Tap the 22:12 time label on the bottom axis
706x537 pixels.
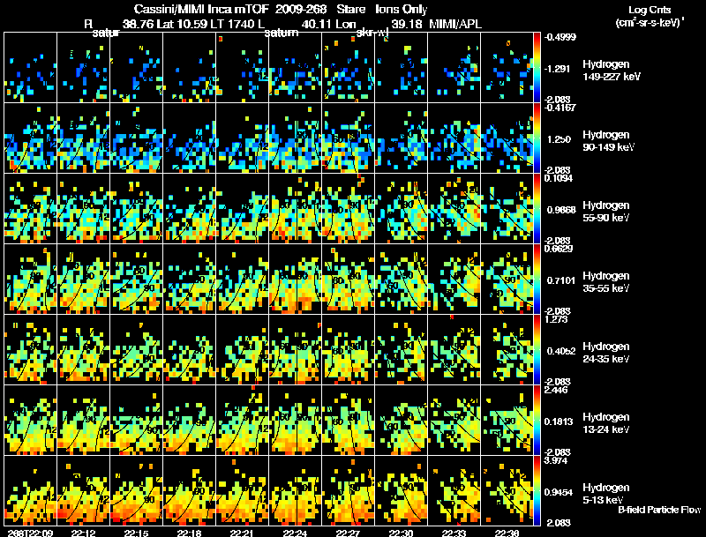pos(83,532)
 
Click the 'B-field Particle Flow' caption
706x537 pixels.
pos(658,511)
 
